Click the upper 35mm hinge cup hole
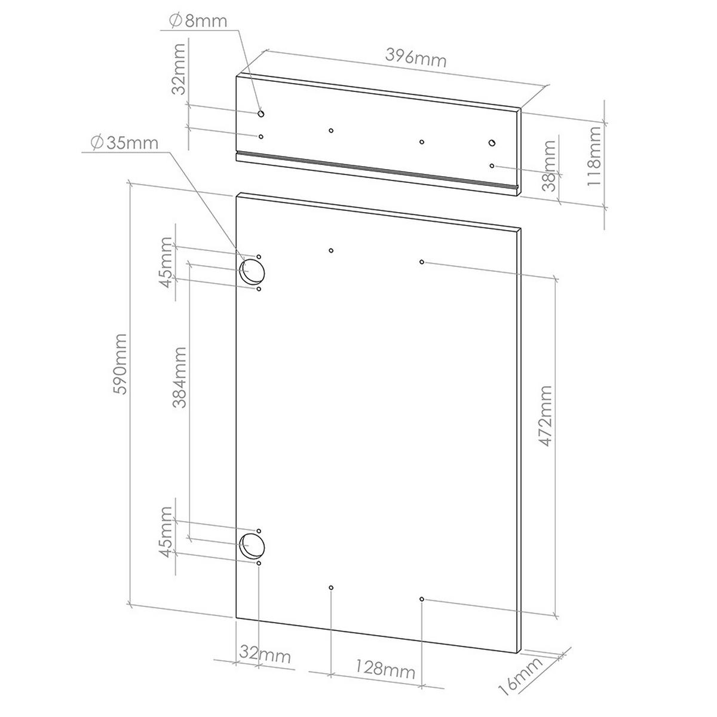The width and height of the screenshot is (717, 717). pyautogui.click(x=252, y=272)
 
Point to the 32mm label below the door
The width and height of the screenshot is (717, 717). pyautogui.click(x=265, y=655)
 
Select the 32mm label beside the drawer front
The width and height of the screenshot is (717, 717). pyautogui.click(x=179, y=69)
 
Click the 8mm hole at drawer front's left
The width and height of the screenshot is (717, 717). pyautogui.click(x=261, y=113)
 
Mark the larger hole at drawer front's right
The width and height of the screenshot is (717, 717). pyautogui.click(x=492, y=143)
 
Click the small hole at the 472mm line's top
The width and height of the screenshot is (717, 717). pyautogui.click(x=422, y=262)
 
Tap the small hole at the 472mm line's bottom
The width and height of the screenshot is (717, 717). pyautogui.click(x=422, y=599)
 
